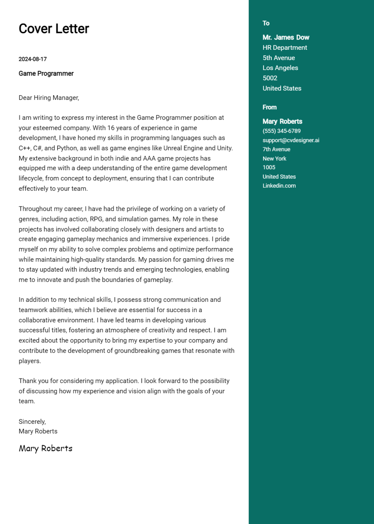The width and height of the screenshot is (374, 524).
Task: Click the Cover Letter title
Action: point(54,29)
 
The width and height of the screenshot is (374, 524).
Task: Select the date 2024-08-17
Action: point(32,59)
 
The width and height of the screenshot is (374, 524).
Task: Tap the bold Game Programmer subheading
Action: point(46,73)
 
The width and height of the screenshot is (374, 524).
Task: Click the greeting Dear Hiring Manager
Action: point(49,98)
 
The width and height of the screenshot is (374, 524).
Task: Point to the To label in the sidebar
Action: point(266,23)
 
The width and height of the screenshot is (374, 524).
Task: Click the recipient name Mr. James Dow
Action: point(286,37)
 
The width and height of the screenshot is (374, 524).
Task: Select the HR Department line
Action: point(285,47)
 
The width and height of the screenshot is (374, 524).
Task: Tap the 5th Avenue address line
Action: point(278,58)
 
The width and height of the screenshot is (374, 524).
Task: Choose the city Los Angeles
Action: point(280,68)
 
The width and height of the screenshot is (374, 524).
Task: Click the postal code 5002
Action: point(269,78)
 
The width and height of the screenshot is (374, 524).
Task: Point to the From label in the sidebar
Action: point(269,107)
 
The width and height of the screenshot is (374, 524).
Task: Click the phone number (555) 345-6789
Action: point(281,131)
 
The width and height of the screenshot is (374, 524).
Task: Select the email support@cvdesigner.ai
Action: point(291,140)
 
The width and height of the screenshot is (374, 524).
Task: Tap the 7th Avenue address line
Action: point(276,149)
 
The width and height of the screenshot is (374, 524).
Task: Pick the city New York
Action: point(274,158)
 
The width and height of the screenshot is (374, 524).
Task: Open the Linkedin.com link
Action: point(279,186)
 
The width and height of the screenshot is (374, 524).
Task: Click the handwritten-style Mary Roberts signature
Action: point(45,448)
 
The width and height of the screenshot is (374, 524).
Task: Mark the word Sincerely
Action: point(32,421)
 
